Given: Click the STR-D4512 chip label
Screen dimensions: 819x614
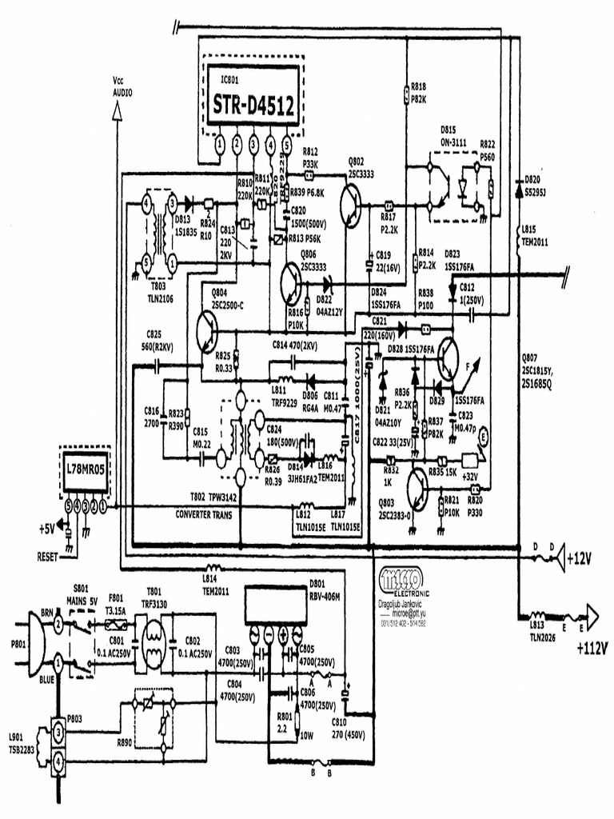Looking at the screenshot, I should pyautogui.click(x=252, y=104).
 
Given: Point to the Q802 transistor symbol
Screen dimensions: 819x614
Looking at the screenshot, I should pyautogui.click(x=352, y=206).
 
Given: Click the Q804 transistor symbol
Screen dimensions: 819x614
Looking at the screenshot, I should pyautogui.click(x=208, y=329).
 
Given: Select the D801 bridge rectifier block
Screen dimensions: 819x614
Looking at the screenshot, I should pyautogui.click(x=273, y=606).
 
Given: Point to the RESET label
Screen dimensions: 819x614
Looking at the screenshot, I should pyautogui.click(x=48, y=556).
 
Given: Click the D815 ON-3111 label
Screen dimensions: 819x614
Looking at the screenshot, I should pyautogui.click(x=454, y=136).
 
